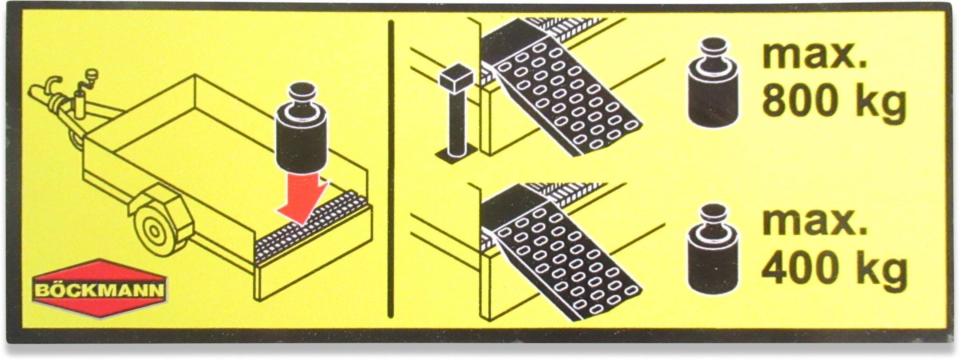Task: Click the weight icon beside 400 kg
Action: click(713, 249)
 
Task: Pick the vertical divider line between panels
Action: click(390, 169)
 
